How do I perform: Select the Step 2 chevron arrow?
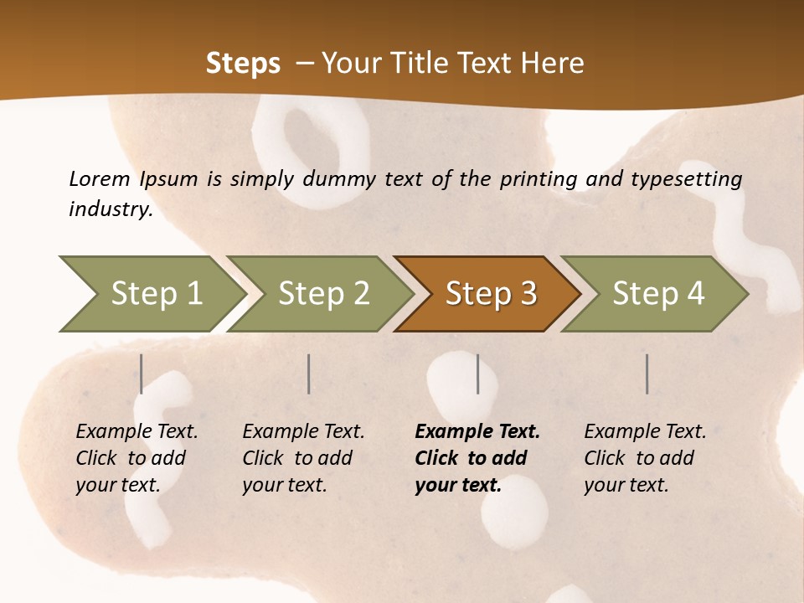point(322,294)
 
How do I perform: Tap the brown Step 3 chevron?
point(490,294)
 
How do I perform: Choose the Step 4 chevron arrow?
point(657,294)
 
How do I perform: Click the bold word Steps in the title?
point(243,64)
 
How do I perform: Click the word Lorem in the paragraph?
point(100,179)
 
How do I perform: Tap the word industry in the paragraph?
point(111,209)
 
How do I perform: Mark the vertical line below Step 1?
point(142,374)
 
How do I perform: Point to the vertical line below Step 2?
point(309,374)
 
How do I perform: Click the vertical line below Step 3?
point(477,374)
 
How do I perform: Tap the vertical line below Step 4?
point(647,374)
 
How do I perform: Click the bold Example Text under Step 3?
point(477,432)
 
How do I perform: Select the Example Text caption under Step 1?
point(137,432)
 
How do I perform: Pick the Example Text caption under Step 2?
point(303,432)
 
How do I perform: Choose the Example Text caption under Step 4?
point(645,432)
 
